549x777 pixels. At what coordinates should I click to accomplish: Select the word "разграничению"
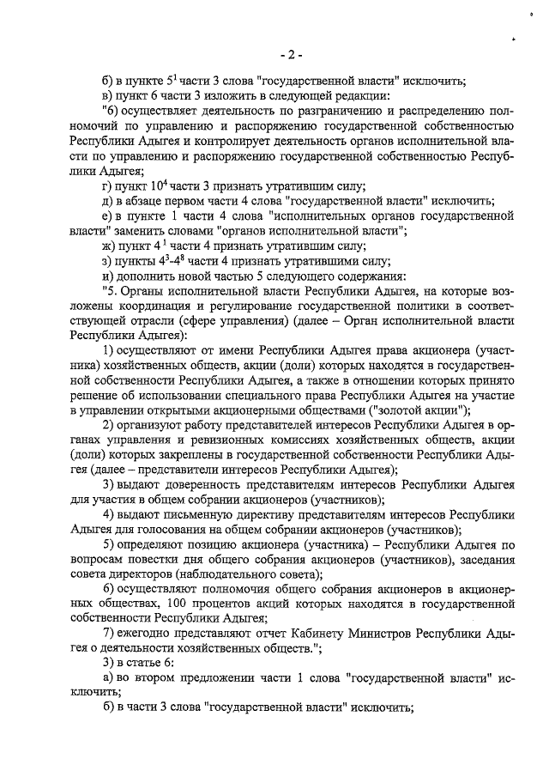click(x=327, y=112)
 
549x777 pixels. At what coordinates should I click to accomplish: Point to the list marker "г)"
click(x=107, y=186)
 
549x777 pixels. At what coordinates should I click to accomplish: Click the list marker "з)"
click(x=107, y=261)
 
